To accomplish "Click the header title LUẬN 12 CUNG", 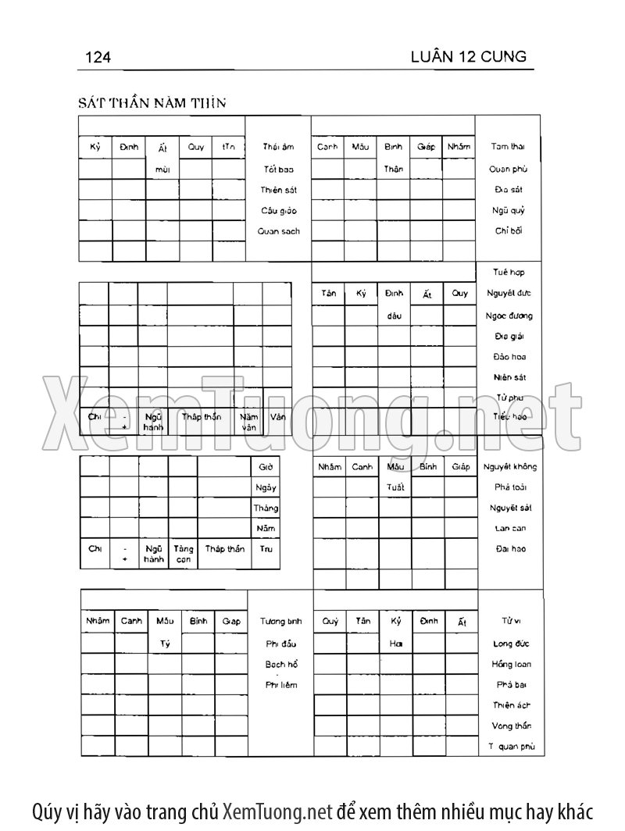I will (468, 56).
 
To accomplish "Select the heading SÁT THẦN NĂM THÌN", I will (152, 103).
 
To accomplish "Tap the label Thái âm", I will (278, 147).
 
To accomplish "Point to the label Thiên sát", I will (278, 189).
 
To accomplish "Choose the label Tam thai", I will (508, 147).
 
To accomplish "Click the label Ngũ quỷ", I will (508, 210).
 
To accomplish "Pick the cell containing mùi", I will (162, 169).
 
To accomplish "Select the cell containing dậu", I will (394, 316).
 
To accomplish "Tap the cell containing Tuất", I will (394, 487).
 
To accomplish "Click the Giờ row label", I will (266, 466).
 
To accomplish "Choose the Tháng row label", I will (266, 508).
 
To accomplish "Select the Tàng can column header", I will (183, 554).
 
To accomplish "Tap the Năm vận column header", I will (248, 422).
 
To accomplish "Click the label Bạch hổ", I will (281, 664).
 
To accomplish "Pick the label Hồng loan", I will (512, 664).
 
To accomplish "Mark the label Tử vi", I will (512, 622).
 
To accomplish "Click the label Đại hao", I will (510, 548).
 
